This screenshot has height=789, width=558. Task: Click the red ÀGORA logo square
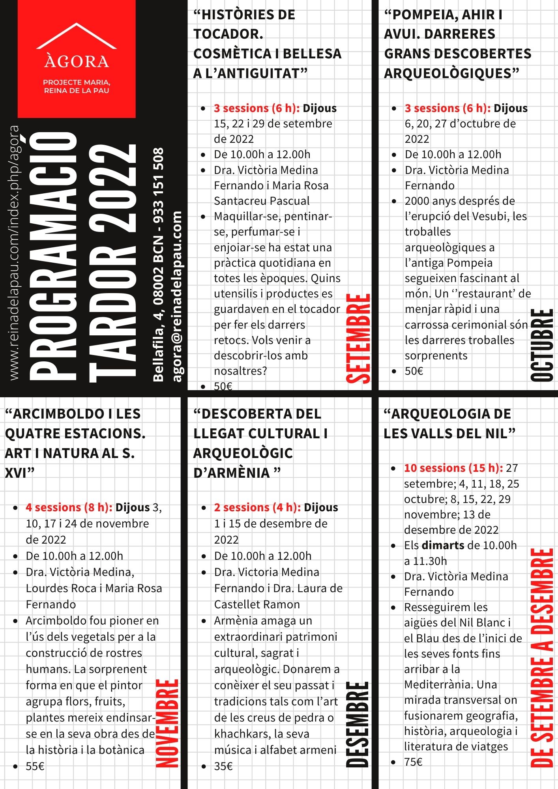coord(77,59)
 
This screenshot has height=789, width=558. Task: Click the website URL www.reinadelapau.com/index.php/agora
coord(14,252)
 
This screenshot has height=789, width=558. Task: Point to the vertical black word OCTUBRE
coord(542,345)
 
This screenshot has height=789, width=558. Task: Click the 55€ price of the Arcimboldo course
coord(35,766)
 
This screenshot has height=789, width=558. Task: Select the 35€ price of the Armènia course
coord(223,766)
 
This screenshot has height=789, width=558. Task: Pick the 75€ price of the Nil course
coord(413,762)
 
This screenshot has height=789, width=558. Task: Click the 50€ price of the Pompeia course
coord(414,371)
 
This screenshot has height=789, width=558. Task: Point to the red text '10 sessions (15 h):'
coord(453,468)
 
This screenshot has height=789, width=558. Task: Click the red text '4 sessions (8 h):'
coord(69,507)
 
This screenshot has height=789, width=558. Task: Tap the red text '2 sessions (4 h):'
coord(258,507)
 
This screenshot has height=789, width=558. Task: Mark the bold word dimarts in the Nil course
coord(443,545)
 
